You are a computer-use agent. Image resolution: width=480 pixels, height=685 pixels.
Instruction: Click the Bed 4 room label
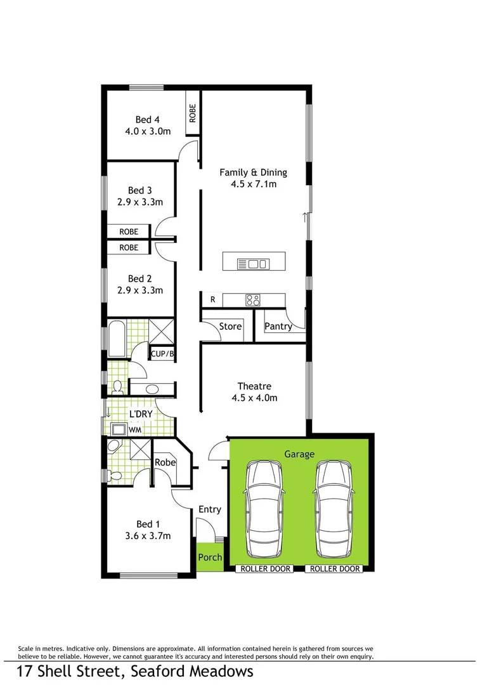tap(144, 119)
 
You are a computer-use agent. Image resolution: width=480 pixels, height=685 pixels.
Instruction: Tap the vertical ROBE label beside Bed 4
tap(193, 113)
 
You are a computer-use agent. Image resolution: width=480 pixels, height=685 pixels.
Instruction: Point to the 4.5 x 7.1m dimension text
tap(253, 185)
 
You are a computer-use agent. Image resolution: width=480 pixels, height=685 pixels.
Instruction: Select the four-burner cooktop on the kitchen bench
tap(254, 300)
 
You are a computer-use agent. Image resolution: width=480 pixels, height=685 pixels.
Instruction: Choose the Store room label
tap(230, 326)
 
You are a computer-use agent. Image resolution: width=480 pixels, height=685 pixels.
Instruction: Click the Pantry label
tap(278, 326)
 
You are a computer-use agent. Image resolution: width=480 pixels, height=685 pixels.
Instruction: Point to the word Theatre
tap(254, 386)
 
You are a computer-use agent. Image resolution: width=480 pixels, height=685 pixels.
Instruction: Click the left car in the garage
tap(263, 507)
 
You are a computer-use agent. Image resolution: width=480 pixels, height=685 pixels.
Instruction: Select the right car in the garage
tap(334, 507)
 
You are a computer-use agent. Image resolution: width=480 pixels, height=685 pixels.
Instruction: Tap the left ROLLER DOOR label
tap(265, 569)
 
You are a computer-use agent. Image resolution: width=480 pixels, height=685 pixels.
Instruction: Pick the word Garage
tap(299, 454)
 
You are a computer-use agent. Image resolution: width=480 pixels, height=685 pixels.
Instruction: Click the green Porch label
tap(210, 558)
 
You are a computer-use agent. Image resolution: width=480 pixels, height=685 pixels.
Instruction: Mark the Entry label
tap(210, 509)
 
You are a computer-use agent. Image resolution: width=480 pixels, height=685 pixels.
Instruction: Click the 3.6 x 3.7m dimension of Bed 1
tap(145, 536)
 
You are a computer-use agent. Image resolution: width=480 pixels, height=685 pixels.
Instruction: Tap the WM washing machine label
tap(134, 430)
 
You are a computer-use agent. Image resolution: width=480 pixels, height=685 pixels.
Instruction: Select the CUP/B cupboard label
tap(162, 354)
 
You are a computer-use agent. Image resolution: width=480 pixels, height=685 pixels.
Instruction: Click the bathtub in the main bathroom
tap(117, 339)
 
